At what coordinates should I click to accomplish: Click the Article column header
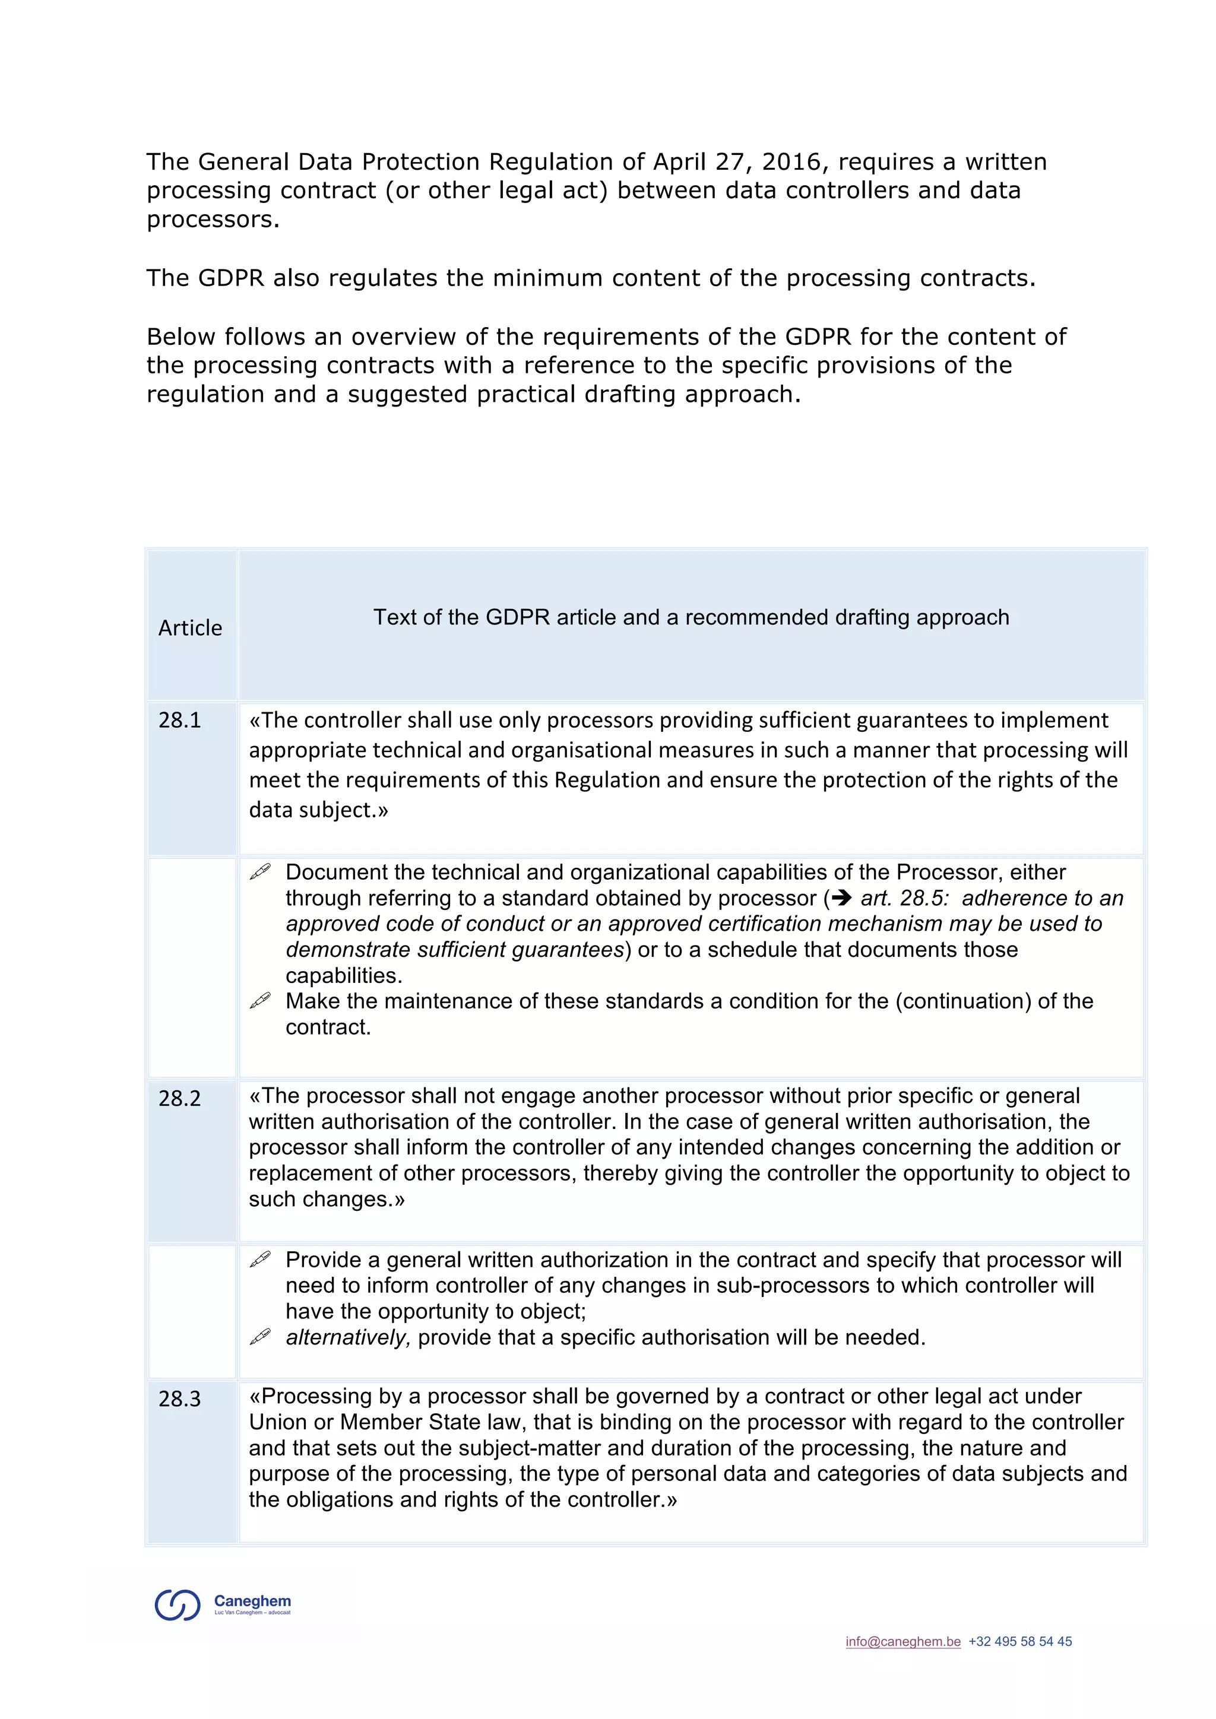(x=190, y=627)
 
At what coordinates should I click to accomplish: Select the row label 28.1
(x=180, y=720)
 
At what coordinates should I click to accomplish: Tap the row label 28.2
(x=180, y=1098)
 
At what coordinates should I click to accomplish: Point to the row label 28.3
(x=180, y=1398)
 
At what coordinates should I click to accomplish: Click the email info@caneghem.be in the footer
(x=903, y=1641)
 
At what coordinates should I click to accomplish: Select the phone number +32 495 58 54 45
(x=1020, y=1641)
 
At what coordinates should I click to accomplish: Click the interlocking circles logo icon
(x=178, y=1604)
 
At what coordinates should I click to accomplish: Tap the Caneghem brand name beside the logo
(x=252, y=1601)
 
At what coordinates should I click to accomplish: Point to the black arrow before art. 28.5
(x=841, y=897)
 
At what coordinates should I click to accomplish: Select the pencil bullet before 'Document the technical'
(x=260, y=871)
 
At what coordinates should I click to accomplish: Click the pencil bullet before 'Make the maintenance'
(x=260, y=1000)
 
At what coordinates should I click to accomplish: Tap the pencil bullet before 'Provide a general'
(x=260, y=1260)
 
